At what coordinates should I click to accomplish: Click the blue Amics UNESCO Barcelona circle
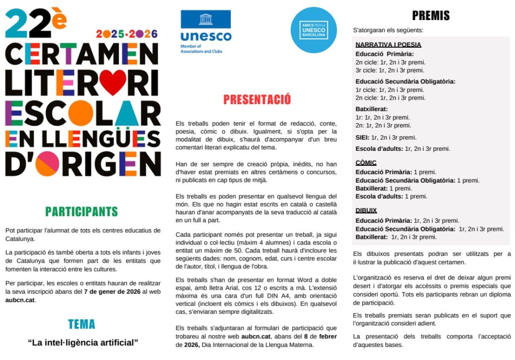pyautogui.click(x=313, y=30)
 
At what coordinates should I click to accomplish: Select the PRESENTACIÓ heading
pyautogui.click(x=256, y=100)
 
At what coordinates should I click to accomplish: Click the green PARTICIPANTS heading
pyautogui.click(x=81, y=212)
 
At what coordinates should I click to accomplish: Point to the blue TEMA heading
pyautogui.click(x=81, y=324)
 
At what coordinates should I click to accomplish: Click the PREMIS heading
pyautogui.click(x=431, y=16)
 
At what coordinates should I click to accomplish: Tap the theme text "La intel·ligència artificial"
pyautogui.click(x=82, y=343)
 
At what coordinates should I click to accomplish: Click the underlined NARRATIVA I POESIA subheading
pyautogui.click(x=388, y=45)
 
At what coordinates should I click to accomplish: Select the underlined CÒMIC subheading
pyautogui.click(x=366, y=163)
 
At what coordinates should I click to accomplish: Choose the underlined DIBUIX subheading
pyautogui.click(x=366, y=211)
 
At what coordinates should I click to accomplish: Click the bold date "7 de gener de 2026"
pyautogui.click(x=113, y=292)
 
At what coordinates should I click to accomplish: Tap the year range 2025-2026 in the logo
pyautogui.click(x=127, y=34)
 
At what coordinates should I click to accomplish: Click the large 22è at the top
pyautogui.click(x=35, y=23)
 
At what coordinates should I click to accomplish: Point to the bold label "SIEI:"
pyautogui.click(x=362, y=137)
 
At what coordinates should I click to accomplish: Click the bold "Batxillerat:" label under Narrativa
pyautogui.click(x=372, y=109)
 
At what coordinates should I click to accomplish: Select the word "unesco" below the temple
pyautogui.click(x=206, y=37)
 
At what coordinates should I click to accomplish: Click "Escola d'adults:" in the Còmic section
pyautogui.click(x=379, y=197)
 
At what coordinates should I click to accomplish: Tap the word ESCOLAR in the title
pyautogui.click(x=82, y=113)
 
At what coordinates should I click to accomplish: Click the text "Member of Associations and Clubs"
pyautogui.click(x=201, y=49)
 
